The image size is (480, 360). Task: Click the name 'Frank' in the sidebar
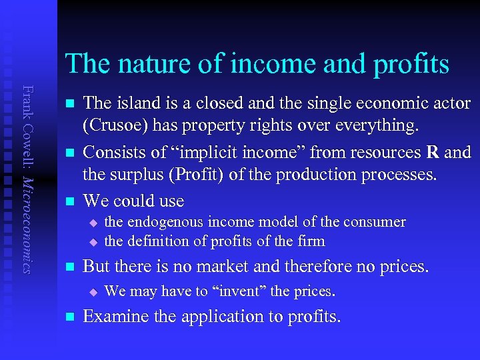click(x=26, y=100)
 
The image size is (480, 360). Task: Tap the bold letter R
click(x=432, y=153)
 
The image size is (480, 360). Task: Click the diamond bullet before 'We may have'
click(x=93, y=292)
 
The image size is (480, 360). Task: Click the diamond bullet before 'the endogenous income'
click(x=93, y=222)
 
